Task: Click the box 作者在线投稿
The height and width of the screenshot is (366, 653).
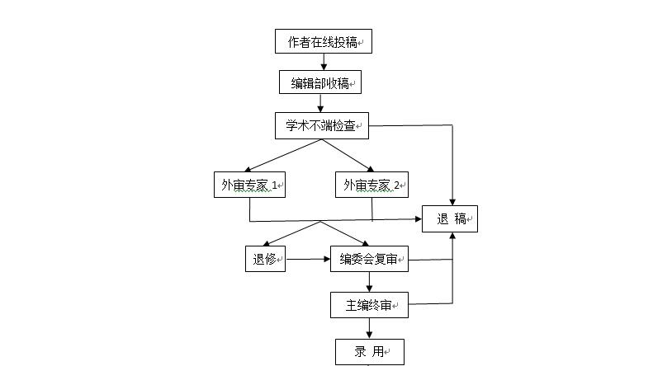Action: pos(323,41)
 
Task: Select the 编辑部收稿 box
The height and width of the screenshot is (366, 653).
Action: pos(320,82)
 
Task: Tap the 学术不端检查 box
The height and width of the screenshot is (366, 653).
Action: pos(320,126)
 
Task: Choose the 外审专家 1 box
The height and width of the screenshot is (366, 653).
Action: pos(248,185)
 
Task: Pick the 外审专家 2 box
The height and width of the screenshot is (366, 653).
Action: pos(371,185)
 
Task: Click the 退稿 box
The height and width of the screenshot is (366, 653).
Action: pos(451,218)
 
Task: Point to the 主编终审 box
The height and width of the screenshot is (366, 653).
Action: pos(369,305)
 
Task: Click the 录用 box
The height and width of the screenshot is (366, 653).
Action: pos(369,351)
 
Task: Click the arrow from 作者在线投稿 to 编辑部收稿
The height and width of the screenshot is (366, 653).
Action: pos(324,62)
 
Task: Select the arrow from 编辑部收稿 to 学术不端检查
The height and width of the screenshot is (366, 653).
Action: pos(320,103)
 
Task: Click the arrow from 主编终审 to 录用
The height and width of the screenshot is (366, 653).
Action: pos(369,328)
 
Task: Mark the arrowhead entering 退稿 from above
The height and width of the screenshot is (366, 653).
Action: pos(452,200)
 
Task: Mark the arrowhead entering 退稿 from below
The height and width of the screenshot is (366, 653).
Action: pos(452,237)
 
